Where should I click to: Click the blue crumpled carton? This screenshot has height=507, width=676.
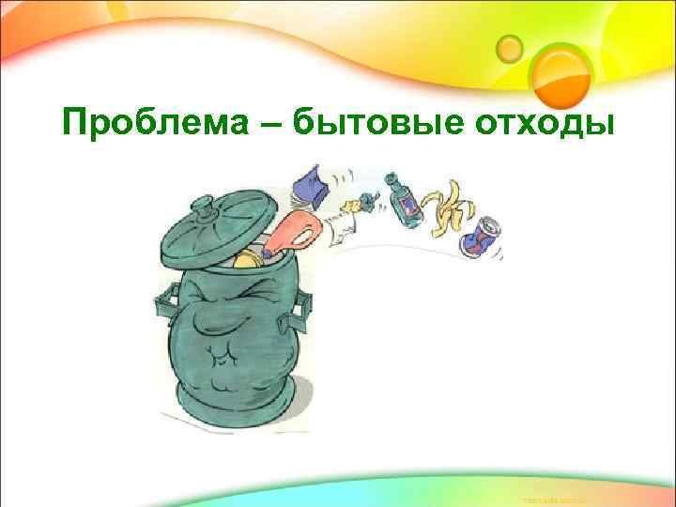tap(310, 186)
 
